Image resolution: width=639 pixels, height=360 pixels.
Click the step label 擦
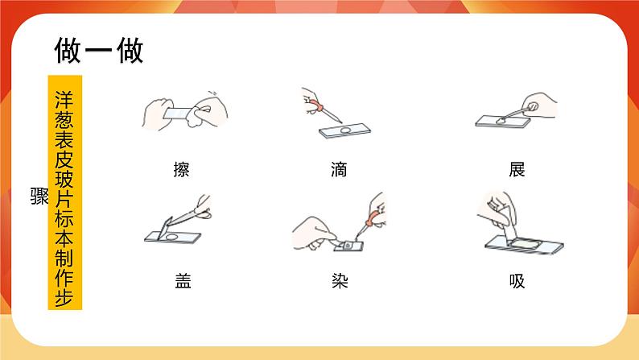(x=181, y=169)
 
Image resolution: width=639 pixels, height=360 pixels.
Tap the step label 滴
(x=339, y=169)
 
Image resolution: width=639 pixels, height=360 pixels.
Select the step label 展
(x=517, y=169)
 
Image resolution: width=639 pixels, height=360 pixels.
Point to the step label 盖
(x=183, y=281)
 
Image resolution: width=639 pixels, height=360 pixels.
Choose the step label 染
(x=340, y=281)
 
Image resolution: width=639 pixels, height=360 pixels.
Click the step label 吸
(x=517, y=281)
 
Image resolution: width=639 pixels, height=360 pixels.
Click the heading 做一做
(x=99, y=50)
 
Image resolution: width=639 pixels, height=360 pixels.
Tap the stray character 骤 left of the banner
(x=39, y=196)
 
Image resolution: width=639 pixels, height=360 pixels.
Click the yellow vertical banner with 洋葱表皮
(x=65, y=192)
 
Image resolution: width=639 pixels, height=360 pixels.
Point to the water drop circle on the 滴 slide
(x=345, y=130)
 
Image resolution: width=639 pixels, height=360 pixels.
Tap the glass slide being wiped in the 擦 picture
(x=179, y=113)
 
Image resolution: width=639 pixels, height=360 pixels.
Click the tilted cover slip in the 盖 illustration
(x=167, y=227)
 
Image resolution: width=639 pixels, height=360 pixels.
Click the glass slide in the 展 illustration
(x=503, y=121)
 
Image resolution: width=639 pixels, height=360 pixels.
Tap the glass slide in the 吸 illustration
(x=525, y=245)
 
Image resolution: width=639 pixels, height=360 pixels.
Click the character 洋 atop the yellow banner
(x=65, y=101)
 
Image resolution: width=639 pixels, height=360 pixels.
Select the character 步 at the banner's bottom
(x=65, y=298)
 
